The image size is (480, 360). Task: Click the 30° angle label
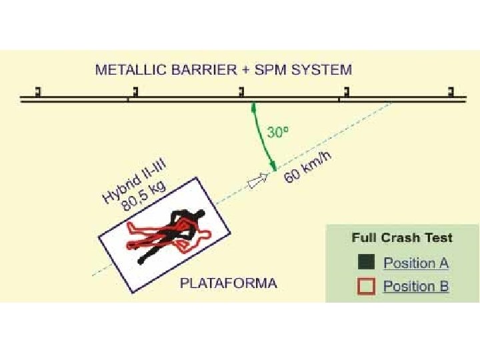(x=278, y=132)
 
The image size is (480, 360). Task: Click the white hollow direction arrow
(x=258, y=180)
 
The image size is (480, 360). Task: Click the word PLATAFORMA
(x=228, y=283)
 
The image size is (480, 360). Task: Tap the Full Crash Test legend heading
(x=402, y=238)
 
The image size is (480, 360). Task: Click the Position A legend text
(x=416, y=263)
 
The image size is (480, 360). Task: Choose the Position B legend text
(x=416, y=287)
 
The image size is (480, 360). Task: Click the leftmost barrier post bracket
(x=38, y=91)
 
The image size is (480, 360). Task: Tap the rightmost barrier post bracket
(x=451, y=91)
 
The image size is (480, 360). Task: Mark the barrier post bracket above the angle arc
(x=242, y=91)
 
